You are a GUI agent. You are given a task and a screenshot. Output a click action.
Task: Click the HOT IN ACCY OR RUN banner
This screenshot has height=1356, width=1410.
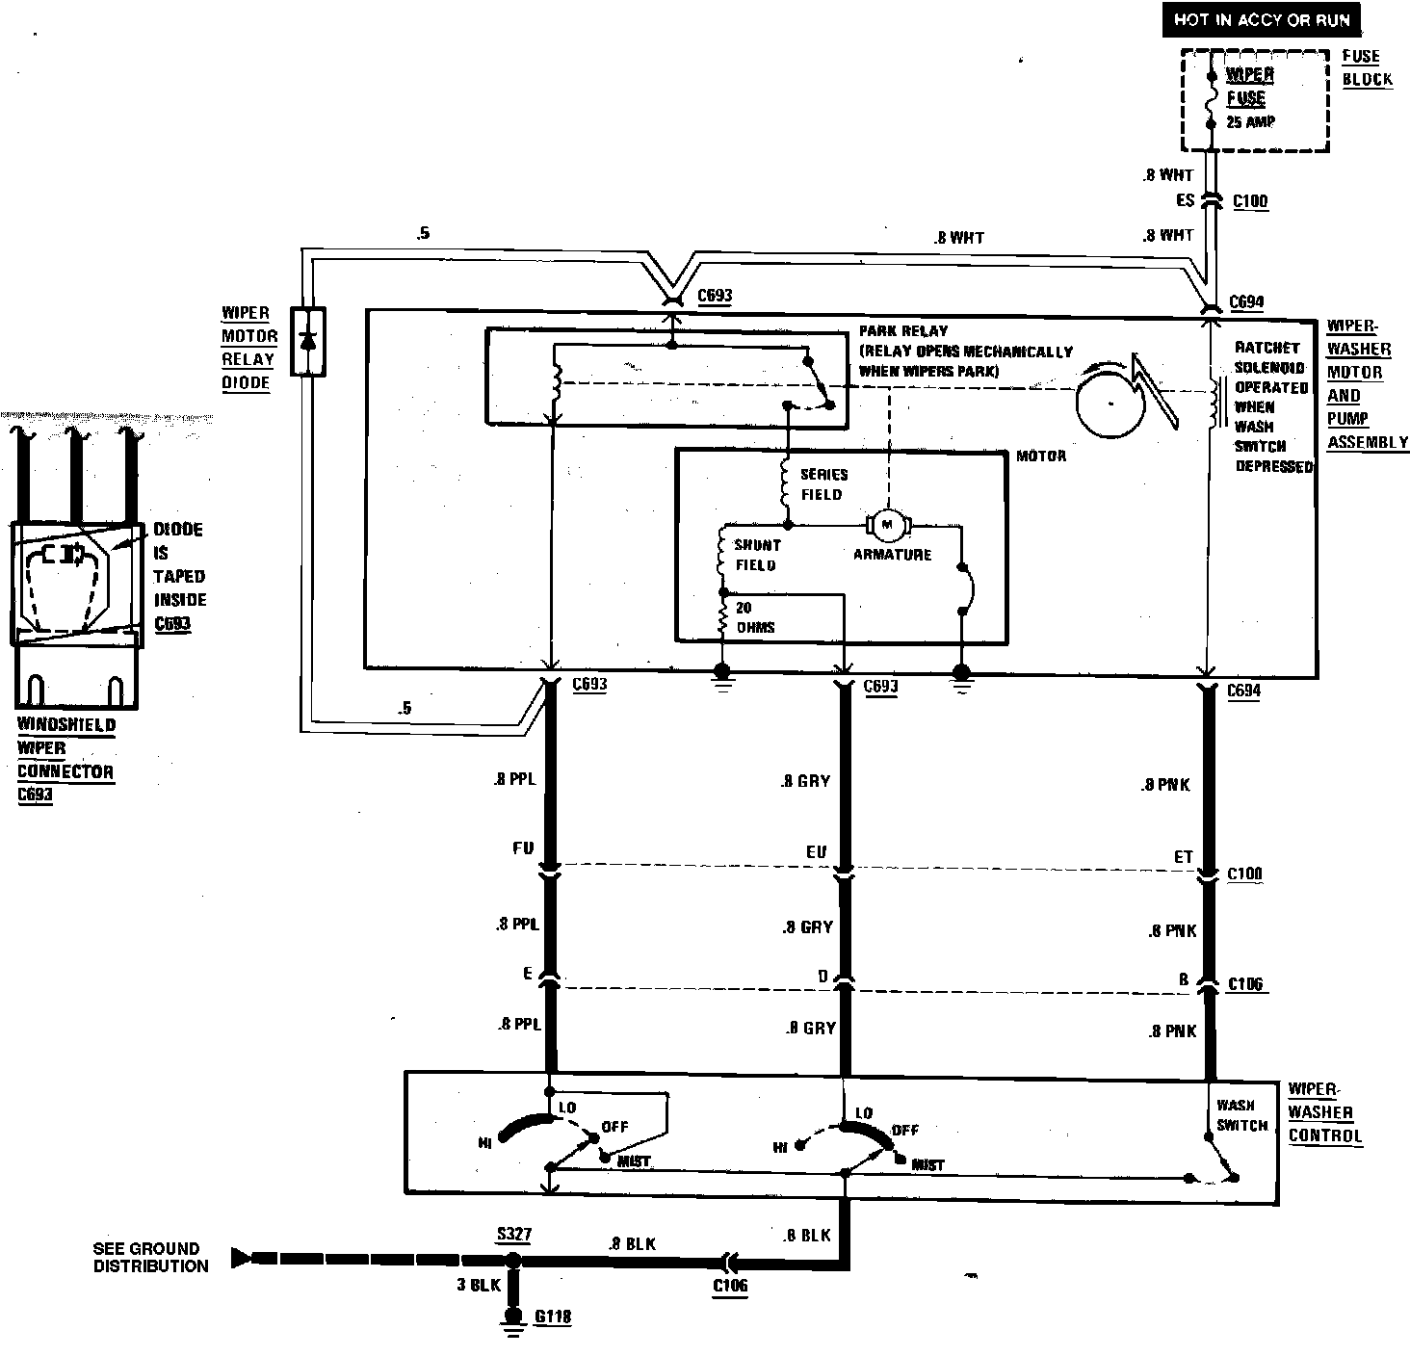point(1263,19)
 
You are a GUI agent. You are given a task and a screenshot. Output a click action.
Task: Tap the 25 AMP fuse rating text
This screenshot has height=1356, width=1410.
point(1250,122)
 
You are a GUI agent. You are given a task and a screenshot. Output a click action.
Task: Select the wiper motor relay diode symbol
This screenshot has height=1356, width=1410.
point(308,341)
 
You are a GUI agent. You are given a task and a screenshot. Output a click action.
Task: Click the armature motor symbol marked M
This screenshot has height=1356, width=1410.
point(888,525)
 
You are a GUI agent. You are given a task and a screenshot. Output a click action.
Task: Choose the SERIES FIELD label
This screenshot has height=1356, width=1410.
point(823,484)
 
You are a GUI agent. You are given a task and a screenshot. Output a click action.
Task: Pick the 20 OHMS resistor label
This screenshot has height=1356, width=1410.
point(755,617)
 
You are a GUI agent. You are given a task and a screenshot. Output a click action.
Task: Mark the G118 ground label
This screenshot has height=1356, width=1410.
point(553,1316)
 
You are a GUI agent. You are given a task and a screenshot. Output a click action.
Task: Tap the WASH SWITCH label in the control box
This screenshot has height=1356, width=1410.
point(1241,1115)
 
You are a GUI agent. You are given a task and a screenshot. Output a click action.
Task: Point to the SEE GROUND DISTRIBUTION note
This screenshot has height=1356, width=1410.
point(150,1258)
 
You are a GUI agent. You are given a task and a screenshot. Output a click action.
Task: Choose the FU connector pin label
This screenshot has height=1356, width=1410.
point(524,849)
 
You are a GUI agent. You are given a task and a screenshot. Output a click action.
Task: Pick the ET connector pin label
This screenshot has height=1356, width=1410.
point(1184,856)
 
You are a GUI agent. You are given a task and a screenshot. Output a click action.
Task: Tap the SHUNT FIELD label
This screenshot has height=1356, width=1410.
point(757,555)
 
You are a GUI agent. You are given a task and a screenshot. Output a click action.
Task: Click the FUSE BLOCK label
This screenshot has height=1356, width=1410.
point(1367,67)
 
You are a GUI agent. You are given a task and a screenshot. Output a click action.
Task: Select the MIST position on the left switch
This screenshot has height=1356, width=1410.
point(633,1161)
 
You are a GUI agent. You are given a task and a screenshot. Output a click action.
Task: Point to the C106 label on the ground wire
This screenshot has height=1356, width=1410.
point(730,1285)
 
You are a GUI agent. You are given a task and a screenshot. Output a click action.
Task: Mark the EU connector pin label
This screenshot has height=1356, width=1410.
point(816,852)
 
